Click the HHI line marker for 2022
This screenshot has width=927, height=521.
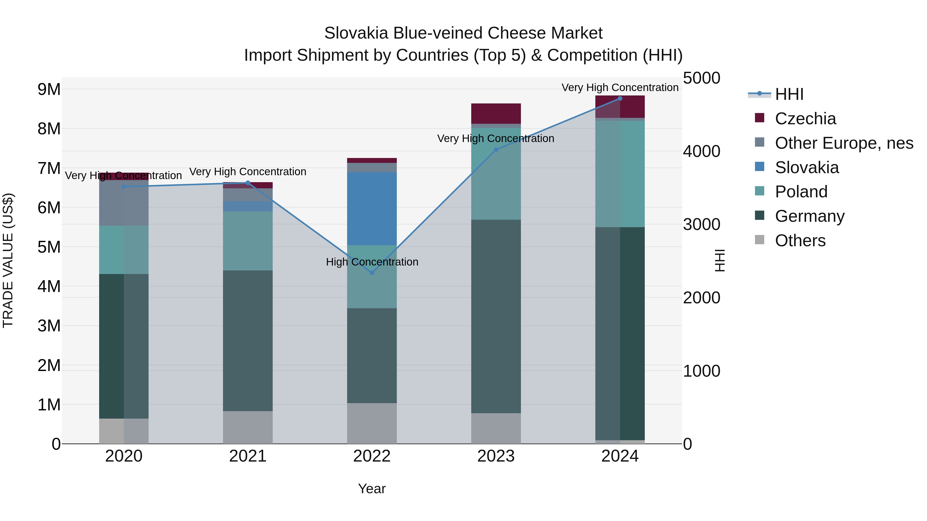click(372, 272)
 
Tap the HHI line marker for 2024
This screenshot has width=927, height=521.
click(620, 99)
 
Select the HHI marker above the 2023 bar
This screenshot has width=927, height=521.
click(496, 149)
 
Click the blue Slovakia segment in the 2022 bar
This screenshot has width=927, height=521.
click(372, 209)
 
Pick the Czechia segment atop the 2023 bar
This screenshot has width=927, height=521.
click(496, 114)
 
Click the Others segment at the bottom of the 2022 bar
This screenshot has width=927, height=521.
click(372, 423)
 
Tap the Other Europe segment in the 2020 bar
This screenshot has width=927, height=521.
click(124, 203)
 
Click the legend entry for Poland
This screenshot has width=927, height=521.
click(801, 192)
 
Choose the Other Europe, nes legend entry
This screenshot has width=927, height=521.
click(844, 143)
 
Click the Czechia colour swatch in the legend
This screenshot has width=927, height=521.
click(759, 118)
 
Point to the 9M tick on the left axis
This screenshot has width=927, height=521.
click(49, 89)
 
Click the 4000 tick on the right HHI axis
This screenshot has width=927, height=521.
click(701, 151)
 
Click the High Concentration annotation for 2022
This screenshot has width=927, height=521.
click(372, 262)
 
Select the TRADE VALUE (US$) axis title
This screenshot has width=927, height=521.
click(8, 260)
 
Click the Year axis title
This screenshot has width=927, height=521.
click(372, 489)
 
